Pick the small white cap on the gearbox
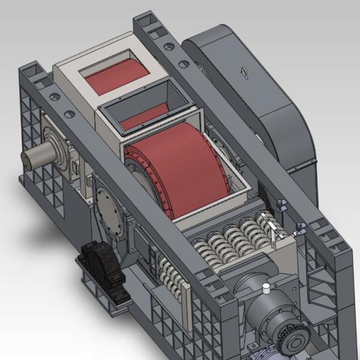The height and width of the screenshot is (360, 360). [264, 289]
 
